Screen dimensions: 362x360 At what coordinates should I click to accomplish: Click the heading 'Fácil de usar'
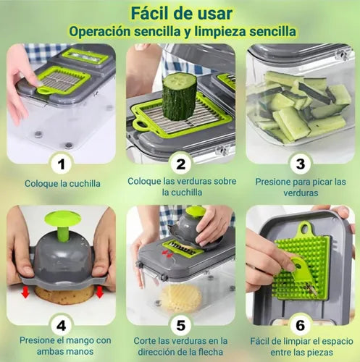tap(180, 13)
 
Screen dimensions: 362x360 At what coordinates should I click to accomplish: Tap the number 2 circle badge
tap(180, 163)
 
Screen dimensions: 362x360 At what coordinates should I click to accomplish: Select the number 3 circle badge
tap(300, 163)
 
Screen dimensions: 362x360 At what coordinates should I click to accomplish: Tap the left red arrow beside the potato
tap(25, 292)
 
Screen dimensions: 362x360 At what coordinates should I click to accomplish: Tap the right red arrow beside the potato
tap(99, 292)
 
